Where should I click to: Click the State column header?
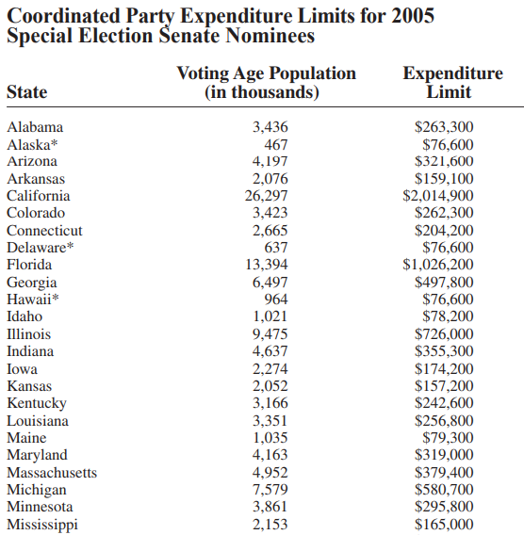tap(26, 92)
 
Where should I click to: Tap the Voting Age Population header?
tap(266, 83)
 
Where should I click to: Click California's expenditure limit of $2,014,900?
tap(438, 196)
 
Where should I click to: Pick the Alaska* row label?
tap(32, 144)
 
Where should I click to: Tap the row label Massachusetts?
tap(52, 473)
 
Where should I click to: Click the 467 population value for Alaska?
tap(275, 144)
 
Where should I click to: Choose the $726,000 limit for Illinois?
tap(444, 334)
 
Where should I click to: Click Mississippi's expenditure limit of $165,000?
tap(444, 525)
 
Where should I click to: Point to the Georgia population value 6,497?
tap(270, 283)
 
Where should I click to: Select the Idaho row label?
tap(25, 316)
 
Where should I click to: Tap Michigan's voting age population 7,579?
tap(270, 490)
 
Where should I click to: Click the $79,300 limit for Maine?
tap(448, 438)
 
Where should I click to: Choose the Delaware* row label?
tap(40, 248)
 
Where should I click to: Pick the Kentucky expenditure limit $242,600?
tap(444, 403)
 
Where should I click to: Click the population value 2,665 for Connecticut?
tap(270, 231)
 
